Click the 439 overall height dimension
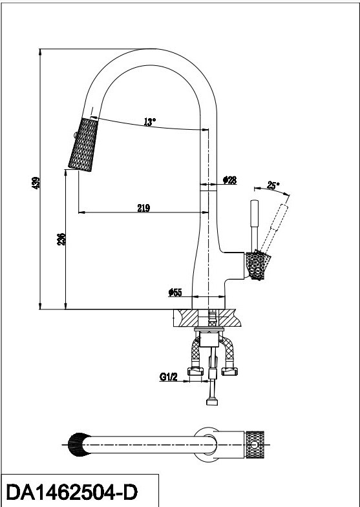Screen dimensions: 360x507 [x=36, y=183]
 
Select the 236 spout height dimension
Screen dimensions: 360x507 [x=61, y=239]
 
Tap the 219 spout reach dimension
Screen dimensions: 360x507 [x=143, y=208]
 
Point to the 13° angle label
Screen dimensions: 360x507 [x=150, y=122]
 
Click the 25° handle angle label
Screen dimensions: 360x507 [x=273, y=185]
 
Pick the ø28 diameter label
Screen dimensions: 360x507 [x=229, y=180]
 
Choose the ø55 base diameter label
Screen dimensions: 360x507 [x=175, y=293]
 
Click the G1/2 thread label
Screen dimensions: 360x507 [x=169, y=377]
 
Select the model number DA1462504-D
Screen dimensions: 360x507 [x=72, y=492]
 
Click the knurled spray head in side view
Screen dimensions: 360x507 [x=83, y=144]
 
